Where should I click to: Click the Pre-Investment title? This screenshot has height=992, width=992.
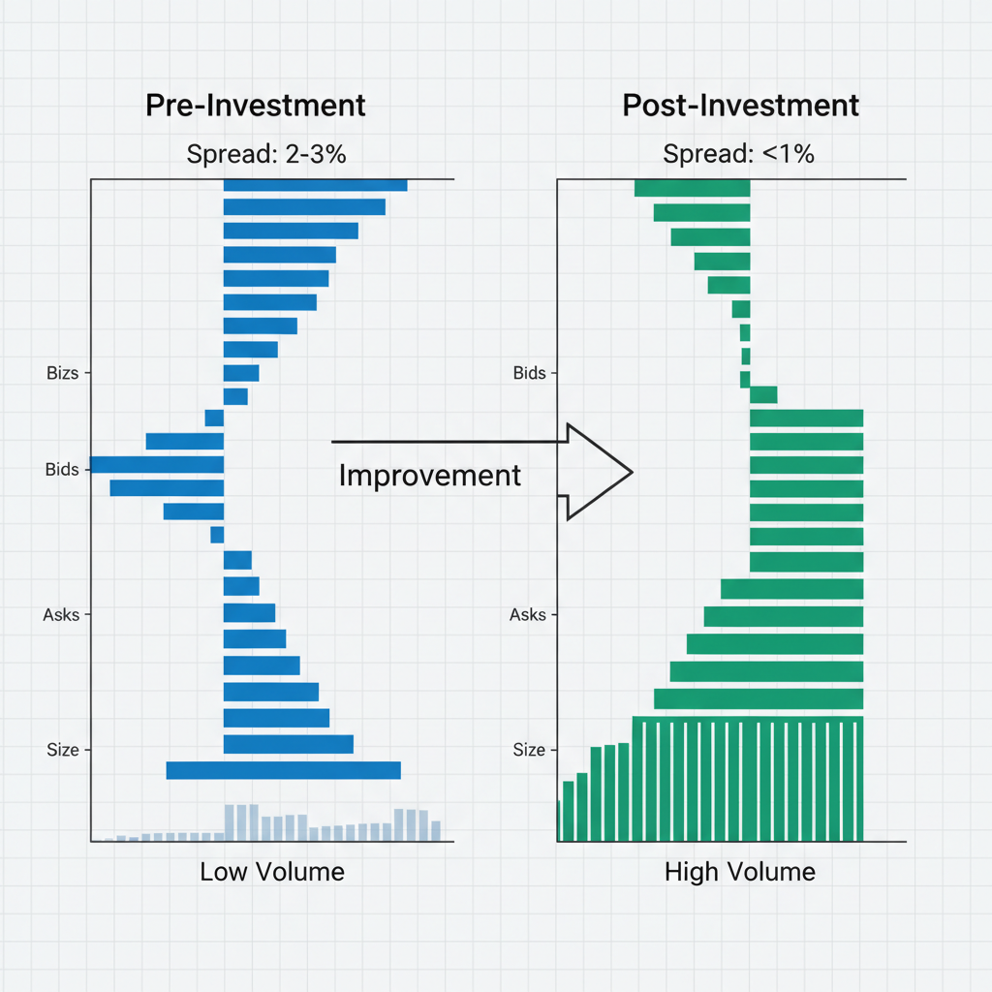click(x=256, y=106)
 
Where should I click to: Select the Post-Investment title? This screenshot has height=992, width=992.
click(x=741, y=106)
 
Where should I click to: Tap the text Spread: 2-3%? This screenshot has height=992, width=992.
click(x=264, y=154)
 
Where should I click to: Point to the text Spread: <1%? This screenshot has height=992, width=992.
click(x=738, y=154)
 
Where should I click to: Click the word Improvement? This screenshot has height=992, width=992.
click(x=430, y=475)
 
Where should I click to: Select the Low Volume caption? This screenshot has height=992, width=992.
click(x=272, y=872)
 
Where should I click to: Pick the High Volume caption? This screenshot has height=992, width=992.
click(x=740, y=872)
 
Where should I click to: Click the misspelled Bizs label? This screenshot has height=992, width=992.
click(x=62, y=373)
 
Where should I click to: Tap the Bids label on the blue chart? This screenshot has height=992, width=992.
click(x=62, y=470)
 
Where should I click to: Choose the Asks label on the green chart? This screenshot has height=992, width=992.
click(x=528, y=615)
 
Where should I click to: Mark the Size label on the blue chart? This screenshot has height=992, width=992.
click(x=62, y=750)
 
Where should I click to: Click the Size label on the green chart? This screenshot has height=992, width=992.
click(x=529, y=750)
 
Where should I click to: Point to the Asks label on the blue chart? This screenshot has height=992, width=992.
click(x=62, y=615)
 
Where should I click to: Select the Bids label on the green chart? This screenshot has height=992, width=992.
click(x=529, y=373)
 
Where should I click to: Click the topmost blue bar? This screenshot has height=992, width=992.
click(x=315, y=184)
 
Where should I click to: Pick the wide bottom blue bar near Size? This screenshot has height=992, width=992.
click(x=283, y=770)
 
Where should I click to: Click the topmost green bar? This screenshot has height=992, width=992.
click(x=692, y=187)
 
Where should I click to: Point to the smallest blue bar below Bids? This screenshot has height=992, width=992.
click(x=217, y=535)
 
